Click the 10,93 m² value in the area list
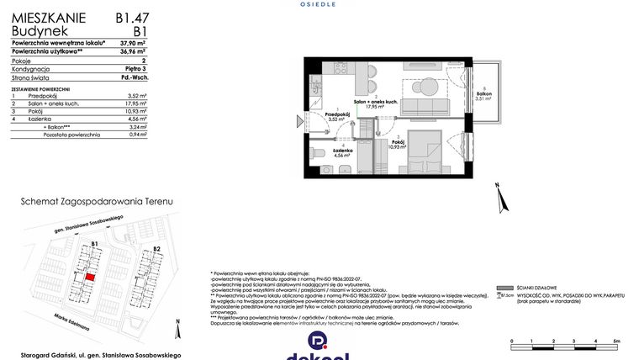click(136, 112)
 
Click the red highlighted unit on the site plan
click(90, 275)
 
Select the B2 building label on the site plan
click(157, 249)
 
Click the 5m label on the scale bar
click(617, 341)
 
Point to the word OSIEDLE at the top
click(319, 4)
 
